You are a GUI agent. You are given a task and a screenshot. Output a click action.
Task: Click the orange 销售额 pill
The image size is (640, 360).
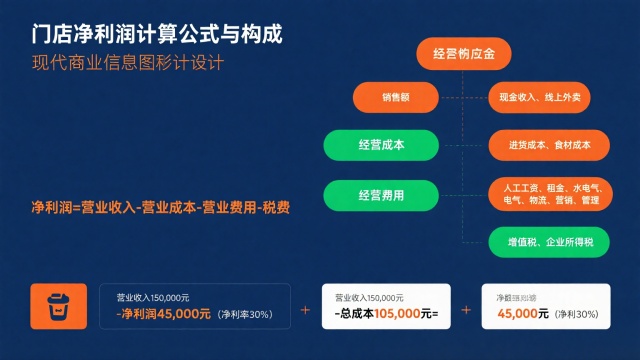396,97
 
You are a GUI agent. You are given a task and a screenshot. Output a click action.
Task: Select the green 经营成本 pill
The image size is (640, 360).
380,145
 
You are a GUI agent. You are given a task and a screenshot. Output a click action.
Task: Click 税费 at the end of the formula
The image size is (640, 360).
277,208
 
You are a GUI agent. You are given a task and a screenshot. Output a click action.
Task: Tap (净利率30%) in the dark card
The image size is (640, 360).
245,315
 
